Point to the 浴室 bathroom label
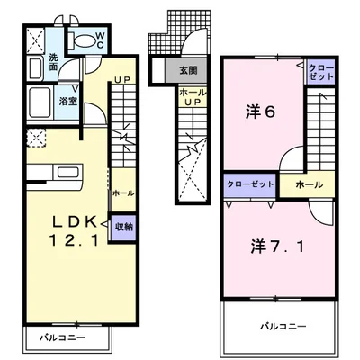point(67,102)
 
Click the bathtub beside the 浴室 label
point(39,101)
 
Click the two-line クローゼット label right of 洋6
point(320,73)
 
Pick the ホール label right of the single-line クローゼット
point(308,184)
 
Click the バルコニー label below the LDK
point(62,339)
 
